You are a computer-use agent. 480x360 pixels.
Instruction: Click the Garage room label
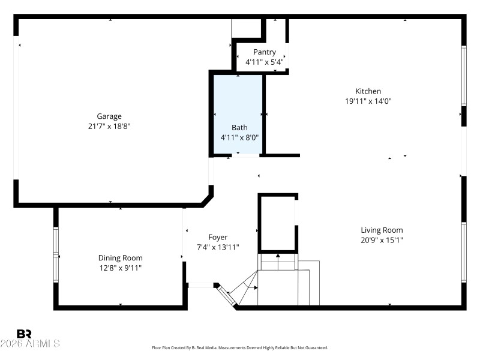coord(109,116)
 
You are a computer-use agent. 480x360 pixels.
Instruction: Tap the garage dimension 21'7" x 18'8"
coord(109,126)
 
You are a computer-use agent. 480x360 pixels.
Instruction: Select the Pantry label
coord(264,52)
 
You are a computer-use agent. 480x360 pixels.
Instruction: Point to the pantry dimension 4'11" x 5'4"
coord(264,62)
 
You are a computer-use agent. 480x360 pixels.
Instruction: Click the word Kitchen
coord(368,91)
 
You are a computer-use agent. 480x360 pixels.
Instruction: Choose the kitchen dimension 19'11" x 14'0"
coord(368,101)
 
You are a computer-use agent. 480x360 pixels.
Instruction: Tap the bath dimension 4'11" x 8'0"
coord(239,137)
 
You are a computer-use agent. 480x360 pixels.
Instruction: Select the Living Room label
coord(382,230)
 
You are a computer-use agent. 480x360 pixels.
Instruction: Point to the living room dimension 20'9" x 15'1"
coord(382,240)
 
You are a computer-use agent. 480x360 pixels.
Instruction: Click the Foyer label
coord(218,237)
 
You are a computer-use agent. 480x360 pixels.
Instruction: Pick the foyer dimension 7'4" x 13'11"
coord(218,247)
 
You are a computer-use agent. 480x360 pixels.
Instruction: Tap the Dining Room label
coord(120,257)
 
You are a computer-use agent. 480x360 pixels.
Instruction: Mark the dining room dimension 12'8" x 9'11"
coord(120,268)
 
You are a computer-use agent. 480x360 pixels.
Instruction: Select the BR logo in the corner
coord(24,334)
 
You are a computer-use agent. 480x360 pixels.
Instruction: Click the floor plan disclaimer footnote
coord(240,347)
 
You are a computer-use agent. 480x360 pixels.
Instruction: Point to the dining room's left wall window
coord(56,254)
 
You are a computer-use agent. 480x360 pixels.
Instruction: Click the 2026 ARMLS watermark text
coord(30,344)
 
